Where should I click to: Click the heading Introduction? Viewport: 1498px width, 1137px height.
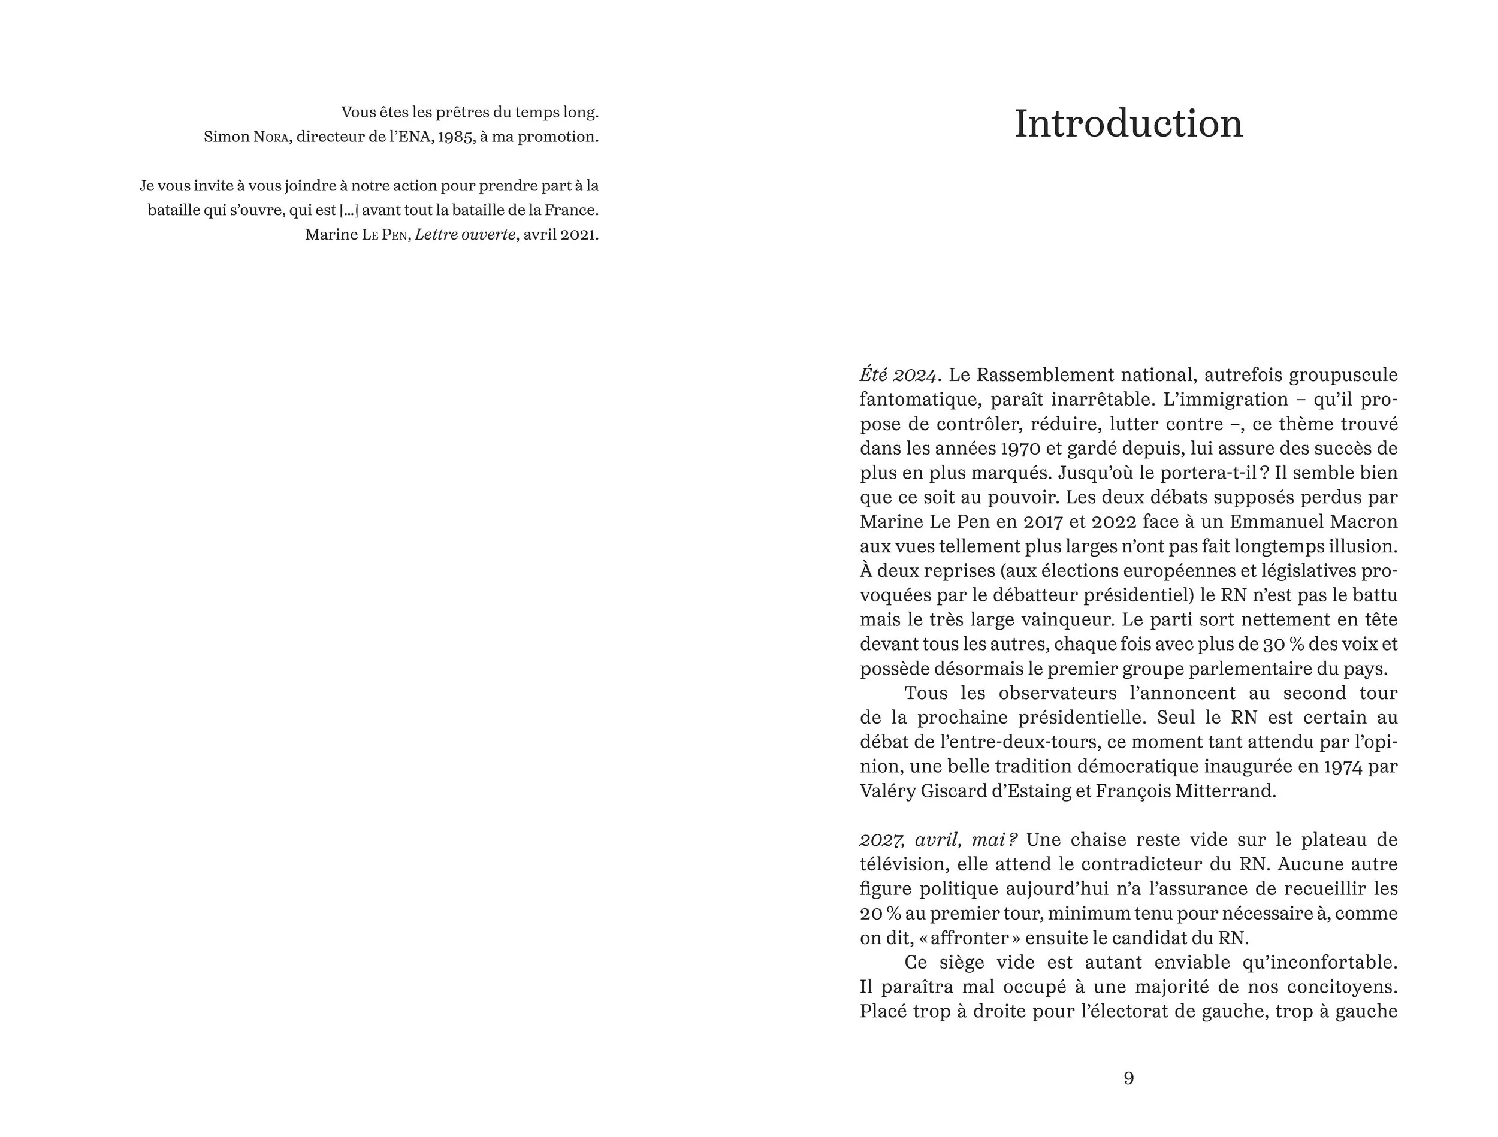pyautogui.click(x=1128, y=124)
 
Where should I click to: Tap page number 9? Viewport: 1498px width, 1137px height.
pyautogui.click(x=1128, y=1078)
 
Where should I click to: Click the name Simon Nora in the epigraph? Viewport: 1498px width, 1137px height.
pyautogui.click(x=246, y=137)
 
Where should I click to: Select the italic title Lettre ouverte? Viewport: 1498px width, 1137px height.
pyautogui.click(x=464, y=234)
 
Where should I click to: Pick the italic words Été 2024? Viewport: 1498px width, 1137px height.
pyautogui.click(x=898, y=374)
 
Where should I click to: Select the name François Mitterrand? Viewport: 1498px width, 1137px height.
pyautogui.click(x=1185, y=791)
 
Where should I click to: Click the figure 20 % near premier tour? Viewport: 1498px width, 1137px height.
pyautogui.click(x=880, y=914)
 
